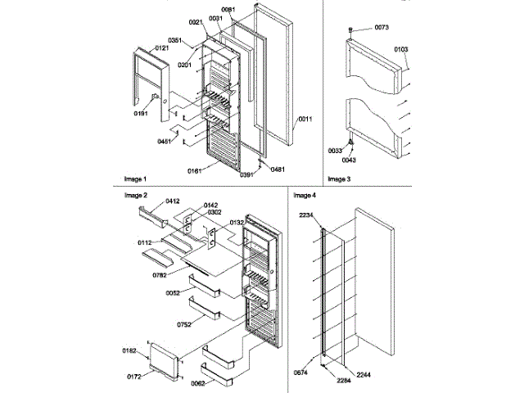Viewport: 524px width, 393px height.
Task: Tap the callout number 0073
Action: [382, 28]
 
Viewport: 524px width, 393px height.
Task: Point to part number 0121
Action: [160, 49]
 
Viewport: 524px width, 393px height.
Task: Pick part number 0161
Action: [195, 170]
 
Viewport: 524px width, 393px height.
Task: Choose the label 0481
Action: [277, 169]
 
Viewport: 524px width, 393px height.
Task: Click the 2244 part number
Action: [364, 374]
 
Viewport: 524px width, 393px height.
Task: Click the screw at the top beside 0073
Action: [351, 29]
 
